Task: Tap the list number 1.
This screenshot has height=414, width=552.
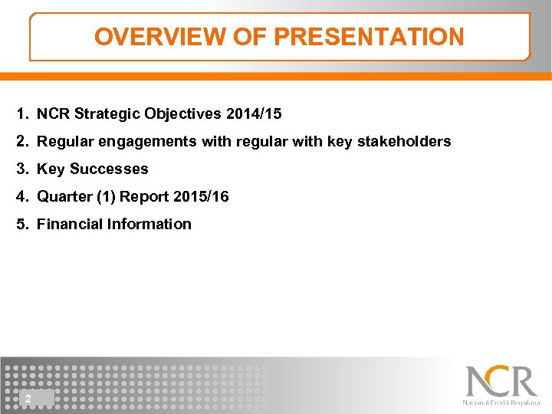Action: pyautogui.click(x=21, y=114)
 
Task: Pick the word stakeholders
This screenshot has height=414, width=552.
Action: pyautogui.click(x=404, y=142)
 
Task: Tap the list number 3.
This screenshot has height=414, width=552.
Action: pyautogui.click(x=21, y=169)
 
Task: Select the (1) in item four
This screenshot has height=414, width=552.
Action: pyautogui.click(x=108, y=197)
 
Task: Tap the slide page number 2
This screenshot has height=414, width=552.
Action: pyautogui.click(x=28, y=398)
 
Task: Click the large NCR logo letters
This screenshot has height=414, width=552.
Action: pyautogui.click(x=501, y=381)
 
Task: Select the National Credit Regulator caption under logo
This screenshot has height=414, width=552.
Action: pyautogui.click(x=501, y=402)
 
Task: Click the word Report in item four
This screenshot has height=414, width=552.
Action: pyautogui.click(x=147, y=197)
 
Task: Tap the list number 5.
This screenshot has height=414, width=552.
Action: pyautogui.click(x=21, y=225)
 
